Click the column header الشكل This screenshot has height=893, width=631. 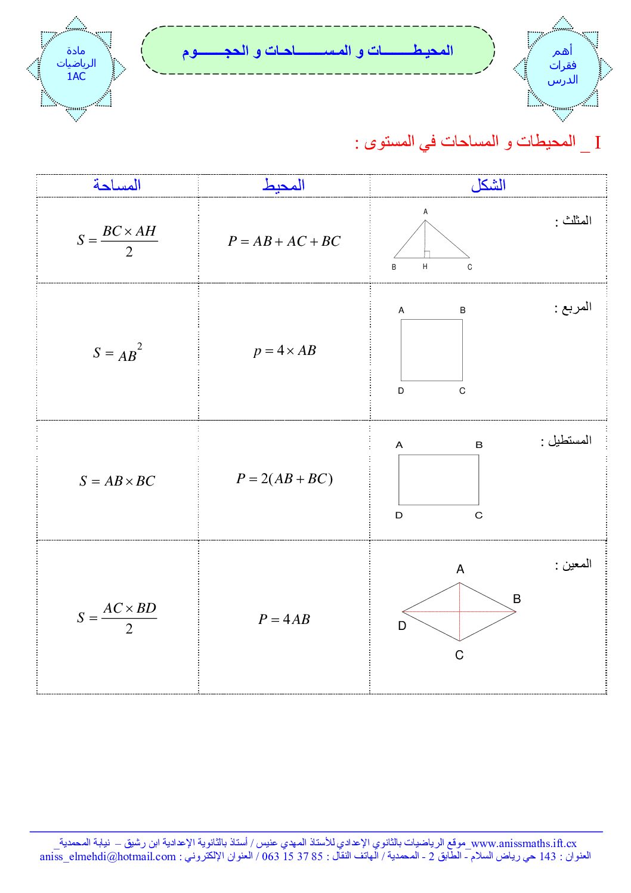[x=488, y=186]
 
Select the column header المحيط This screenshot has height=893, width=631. [x=283, y=186]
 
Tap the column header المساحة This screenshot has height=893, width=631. [x=117, y=186]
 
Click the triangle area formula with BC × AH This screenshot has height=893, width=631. [x=117, y=240]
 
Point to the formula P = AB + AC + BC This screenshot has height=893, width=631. [x=284, y=241]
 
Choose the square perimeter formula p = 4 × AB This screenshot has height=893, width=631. [x=284, y=351]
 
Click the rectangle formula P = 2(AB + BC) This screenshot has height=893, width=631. [x=284, y=478]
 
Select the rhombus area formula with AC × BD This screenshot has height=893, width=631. [x=117, y=618]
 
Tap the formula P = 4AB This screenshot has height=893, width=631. [x=284, y=619]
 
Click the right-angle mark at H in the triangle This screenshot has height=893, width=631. [x=427, y=254]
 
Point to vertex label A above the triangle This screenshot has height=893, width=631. [x=425, y=212]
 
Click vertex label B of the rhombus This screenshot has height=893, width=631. [x=516, y=599]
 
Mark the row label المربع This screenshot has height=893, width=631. [x=573, y=307]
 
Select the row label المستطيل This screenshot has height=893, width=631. [x=566, y=440]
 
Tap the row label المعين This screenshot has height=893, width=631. [x=573, y=564]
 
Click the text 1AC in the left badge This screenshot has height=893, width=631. [x=76, y=76]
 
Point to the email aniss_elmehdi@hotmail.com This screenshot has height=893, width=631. [x=108, y=857]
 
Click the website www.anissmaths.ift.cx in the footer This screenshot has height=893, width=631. [x=524, y=843]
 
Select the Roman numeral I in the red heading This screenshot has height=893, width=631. [x=597, y=143]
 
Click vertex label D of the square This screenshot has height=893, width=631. [x=401, y=391]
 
